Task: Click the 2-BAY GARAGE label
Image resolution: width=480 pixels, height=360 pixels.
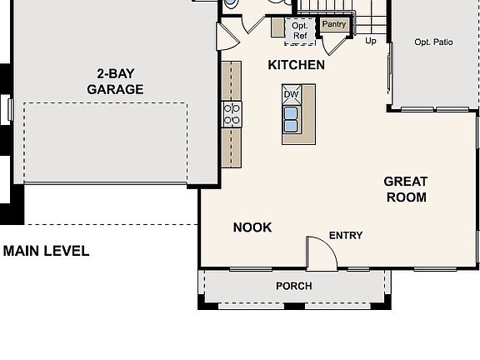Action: coord(115,81)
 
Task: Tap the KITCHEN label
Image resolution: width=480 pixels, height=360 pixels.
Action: coord(296,65)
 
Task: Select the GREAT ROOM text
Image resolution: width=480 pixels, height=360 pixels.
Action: coord(406,189)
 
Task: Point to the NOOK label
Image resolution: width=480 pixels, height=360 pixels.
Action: coord(252,227)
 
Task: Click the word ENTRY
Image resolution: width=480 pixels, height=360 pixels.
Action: coord(346,236)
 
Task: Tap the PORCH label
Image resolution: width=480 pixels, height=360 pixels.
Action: coord(294,286)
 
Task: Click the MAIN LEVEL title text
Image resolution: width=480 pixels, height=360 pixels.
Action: coord(46,251)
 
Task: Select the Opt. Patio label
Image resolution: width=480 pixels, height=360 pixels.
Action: coord(433,42)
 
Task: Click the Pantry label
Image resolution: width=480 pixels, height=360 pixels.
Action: coord(334,25)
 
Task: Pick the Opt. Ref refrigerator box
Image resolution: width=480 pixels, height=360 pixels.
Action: coord(300,31)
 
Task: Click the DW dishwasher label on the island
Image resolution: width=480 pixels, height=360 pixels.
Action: coord(291,94)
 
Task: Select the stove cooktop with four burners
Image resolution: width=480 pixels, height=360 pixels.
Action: coord(232,113)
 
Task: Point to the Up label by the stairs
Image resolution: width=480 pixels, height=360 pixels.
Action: coord(372,40)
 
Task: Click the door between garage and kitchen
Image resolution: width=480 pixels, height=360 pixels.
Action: coord(226,37)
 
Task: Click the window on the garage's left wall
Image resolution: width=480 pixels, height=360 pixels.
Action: coord(9,108)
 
